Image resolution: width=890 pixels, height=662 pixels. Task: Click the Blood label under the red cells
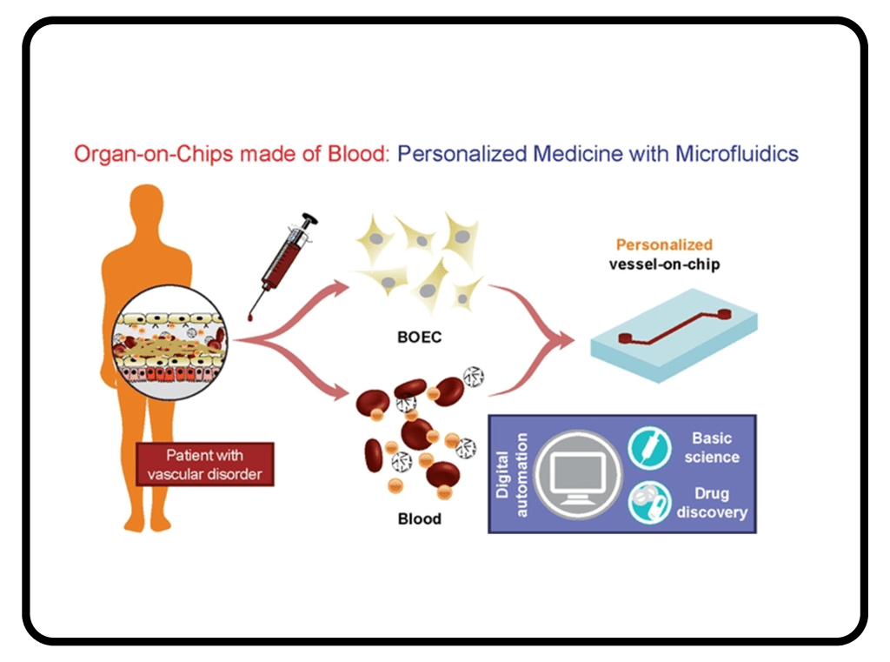pos(420,518)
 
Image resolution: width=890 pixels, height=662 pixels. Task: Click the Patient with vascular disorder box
pos(205,464)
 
